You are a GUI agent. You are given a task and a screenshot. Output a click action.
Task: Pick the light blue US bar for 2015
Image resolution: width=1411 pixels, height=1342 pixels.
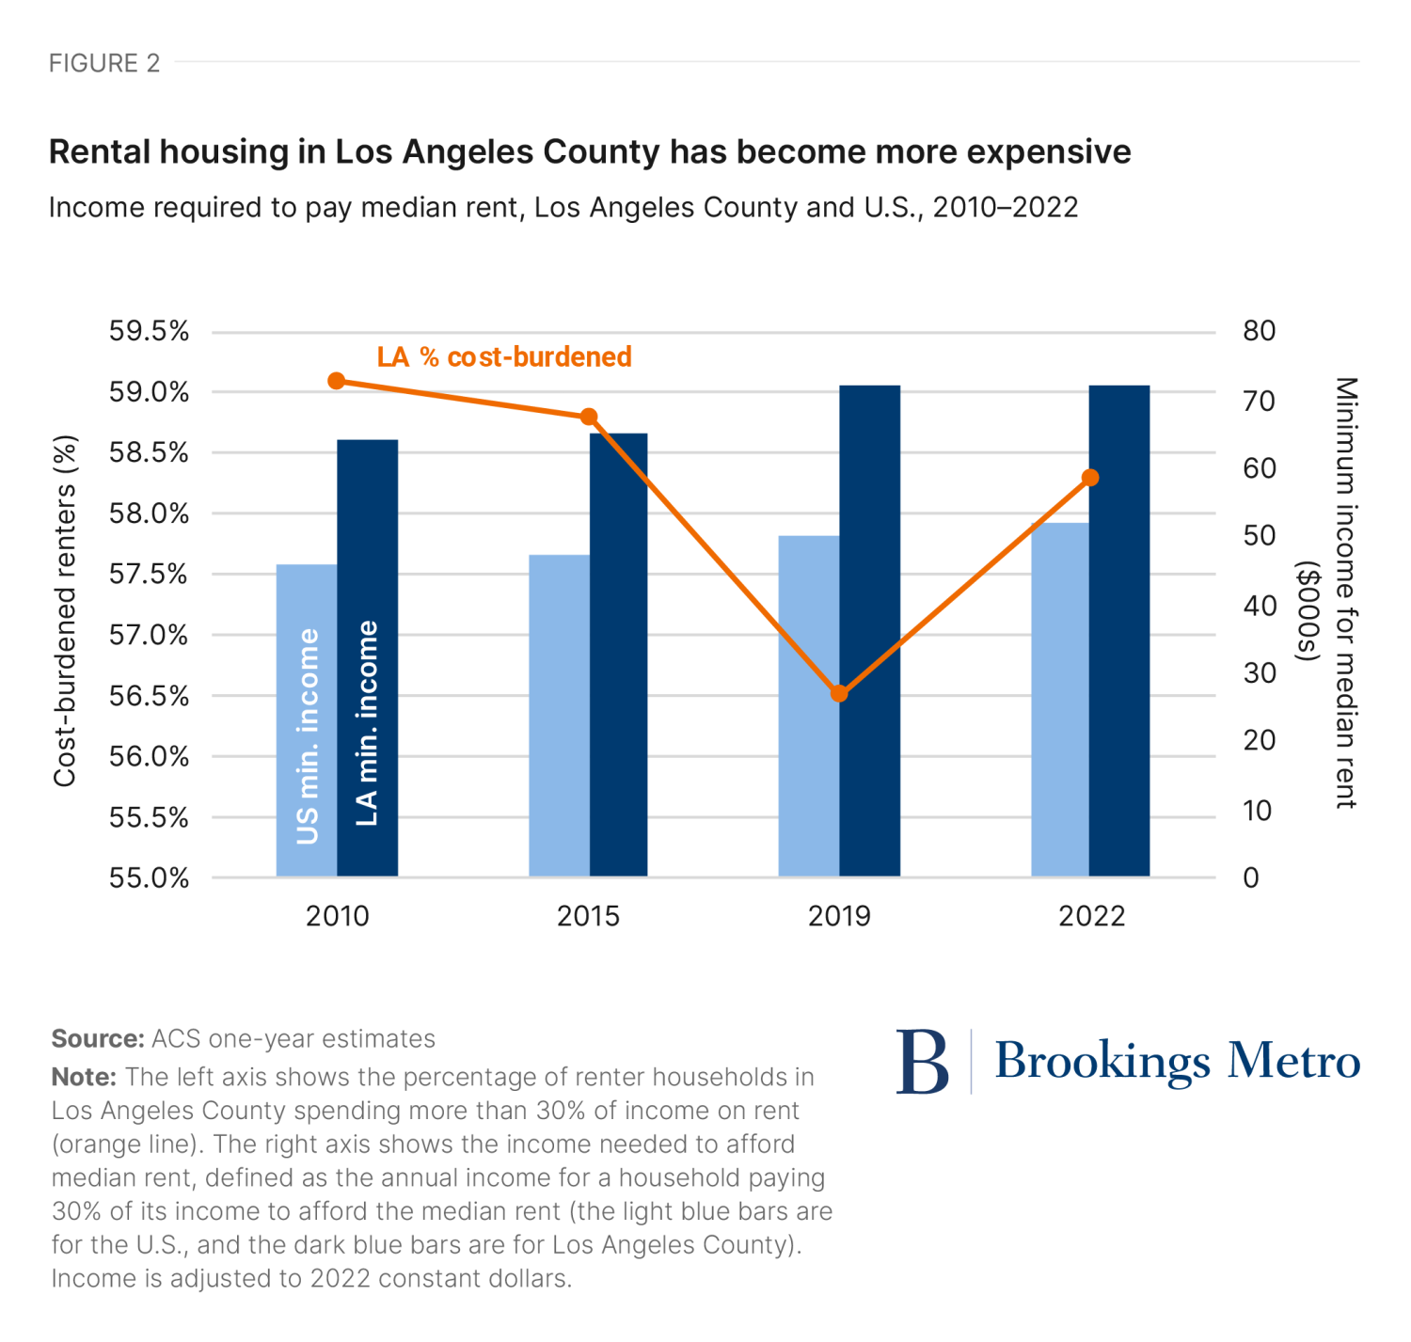point(559,715)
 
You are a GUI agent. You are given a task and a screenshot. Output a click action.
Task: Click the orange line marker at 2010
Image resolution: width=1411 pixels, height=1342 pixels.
point(337,381)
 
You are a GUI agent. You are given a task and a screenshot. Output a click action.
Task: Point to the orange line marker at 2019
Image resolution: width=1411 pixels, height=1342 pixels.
point(839,694)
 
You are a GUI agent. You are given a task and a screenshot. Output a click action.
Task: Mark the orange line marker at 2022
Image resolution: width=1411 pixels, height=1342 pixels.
point(1090,478)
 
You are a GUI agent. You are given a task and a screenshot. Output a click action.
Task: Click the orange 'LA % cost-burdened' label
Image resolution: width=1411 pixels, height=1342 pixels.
point(504,357)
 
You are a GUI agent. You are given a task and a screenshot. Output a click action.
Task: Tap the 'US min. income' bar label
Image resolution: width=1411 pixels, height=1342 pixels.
point(308,736)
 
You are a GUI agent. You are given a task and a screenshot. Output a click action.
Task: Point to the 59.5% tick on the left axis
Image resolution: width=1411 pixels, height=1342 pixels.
point(149,331)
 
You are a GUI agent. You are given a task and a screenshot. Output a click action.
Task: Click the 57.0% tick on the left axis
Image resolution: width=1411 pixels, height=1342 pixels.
point(149,635)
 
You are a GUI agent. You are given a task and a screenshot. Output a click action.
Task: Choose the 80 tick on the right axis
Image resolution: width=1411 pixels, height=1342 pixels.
point(1259,330)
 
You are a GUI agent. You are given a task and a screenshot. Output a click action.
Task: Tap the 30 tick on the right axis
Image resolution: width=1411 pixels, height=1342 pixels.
point(1259,673)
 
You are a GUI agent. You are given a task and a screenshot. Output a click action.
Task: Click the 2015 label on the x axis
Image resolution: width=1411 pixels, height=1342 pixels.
point(588,916)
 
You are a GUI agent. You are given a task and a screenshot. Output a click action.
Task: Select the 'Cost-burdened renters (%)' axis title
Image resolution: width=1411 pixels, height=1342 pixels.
point(64,610)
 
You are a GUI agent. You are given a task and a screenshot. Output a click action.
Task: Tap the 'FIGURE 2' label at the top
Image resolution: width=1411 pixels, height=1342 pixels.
point(104,63)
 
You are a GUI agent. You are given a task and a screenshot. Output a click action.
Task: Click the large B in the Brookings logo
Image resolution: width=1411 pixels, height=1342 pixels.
point(922,1062)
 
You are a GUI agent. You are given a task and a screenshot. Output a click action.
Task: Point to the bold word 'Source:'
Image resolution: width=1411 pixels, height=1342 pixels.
point(97,1038)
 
